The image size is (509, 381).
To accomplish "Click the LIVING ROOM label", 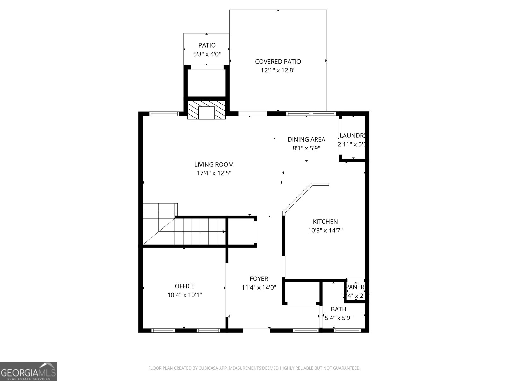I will coord(214,164).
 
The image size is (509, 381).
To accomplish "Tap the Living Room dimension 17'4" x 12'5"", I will coord(214,173).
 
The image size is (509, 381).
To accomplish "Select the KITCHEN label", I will coord(325,222).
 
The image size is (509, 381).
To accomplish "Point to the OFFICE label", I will coord(185,286).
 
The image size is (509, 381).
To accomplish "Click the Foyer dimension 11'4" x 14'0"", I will coord(259,288).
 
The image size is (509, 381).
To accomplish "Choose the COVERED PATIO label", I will coord(278,62).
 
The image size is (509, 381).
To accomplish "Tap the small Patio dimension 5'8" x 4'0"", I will coord(207,54).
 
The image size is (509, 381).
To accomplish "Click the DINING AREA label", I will coord(306,139).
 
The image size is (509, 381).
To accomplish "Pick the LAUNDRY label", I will coord(352,136).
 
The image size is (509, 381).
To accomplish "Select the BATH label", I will coord(338,309).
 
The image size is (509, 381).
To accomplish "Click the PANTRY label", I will coord(355,287).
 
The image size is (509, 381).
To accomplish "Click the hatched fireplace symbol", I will coord(206,110).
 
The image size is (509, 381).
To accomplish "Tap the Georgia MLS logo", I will coord(29,371).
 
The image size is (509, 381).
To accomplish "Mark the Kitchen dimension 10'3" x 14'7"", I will coord(325,231).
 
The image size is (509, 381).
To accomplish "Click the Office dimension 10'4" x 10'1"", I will coord(185,295).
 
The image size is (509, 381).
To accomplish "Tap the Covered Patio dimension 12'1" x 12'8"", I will coord(278,70).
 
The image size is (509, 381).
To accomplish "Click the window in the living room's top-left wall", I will coord(164,114).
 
